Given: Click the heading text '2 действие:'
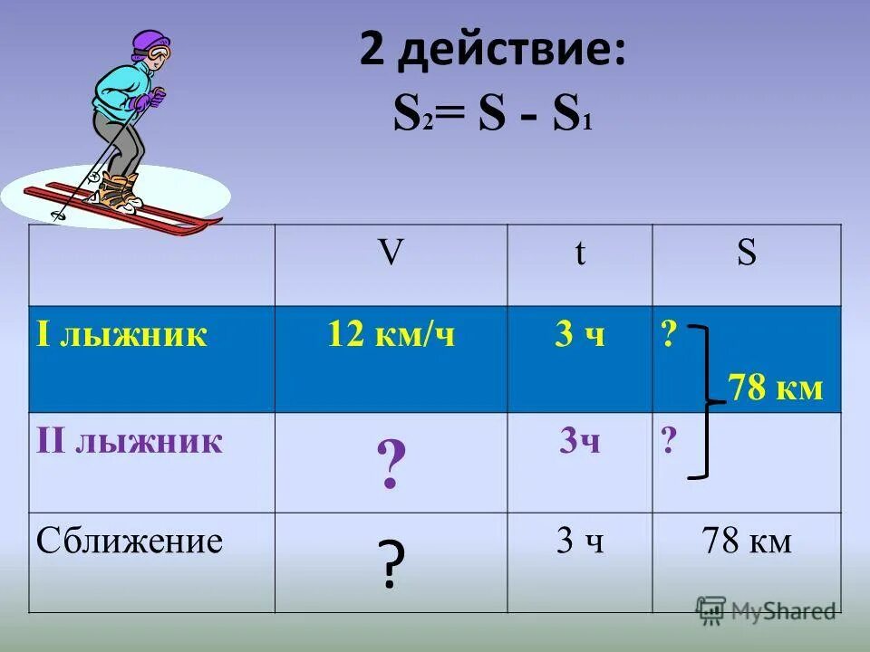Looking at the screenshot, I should (x=491, y=51).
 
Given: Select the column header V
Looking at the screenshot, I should (x=391, y=254).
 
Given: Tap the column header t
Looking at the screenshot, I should (x=579, y=254).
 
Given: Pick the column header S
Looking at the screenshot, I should (x=746, y=254).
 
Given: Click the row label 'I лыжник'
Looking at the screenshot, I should (x=122, y=335).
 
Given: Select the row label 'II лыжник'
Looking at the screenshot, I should (x=130, y=441).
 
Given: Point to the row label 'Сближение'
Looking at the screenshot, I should (x=130, y=542).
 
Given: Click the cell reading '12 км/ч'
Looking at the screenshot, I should (x=391, y=335).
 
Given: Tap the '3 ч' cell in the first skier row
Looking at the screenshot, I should (x=579, y=335).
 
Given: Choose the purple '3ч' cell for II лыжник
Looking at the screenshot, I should (x=579, y=441).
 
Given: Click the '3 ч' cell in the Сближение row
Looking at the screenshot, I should (x=579, y=542).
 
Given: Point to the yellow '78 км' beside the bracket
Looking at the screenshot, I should (x=775, y=388).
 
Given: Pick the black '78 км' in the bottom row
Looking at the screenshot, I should (x=746, y=542).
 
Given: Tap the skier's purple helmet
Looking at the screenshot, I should (x=150, y=43).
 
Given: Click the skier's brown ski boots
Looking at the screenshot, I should (x=118, y=191).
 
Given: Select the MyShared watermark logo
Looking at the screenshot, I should (x=766, y=610).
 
